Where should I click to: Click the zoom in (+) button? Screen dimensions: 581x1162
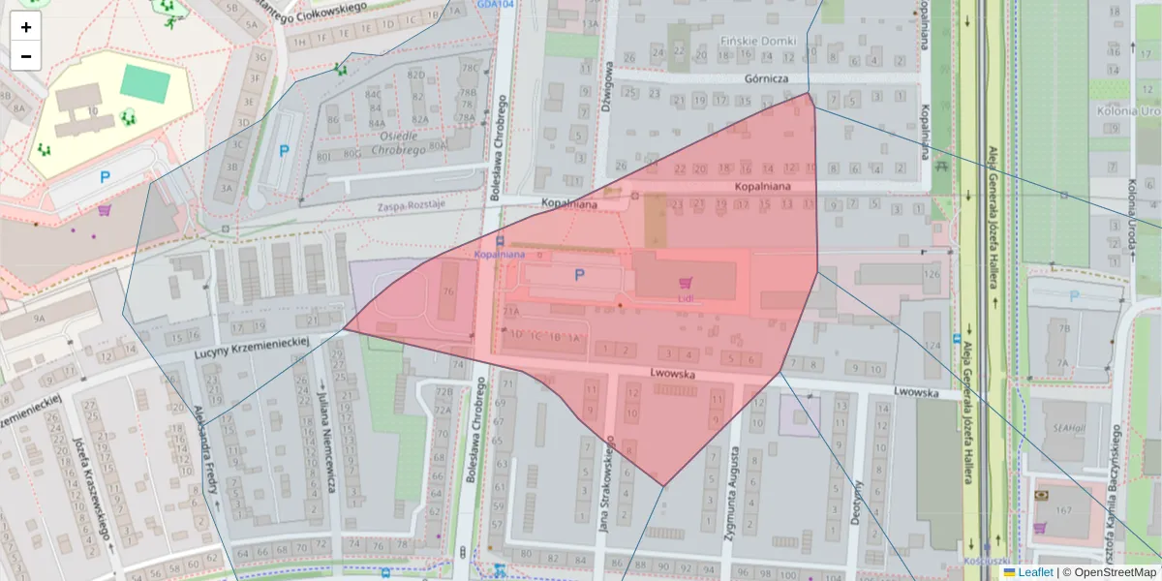coord(26,27)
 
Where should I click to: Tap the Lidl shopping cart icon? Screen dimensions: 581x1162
coord(687,283)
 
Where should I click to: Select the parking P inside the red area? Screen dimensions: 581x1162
coord(579,275)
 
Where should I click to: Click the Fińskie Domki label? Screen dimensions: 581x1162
coord(758,42)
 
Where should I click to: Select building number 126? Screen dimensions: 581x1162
coord(932,274)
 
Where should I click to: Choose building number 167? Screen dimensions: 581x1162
coord(1064,510)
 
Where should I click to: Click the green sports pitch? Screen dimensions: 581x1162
coord(145,83)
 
